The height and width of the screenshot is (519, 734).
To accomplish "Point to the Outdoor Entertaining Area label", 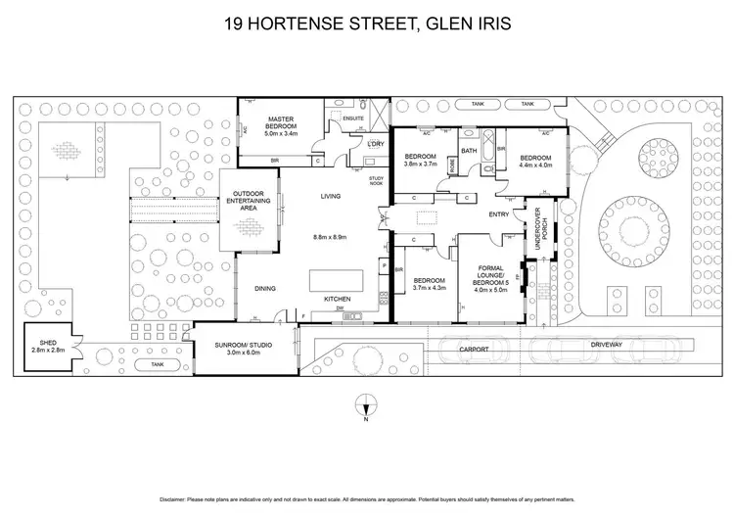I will coord(249,200).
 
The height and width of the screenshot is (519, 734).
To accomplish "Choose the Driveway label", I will coord(606,346).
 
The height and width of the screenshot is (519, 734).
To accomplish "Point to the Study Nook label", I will coord(377,181).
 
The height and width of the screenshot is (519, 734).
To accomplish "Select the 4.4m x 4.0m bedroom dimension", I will coord(535,165).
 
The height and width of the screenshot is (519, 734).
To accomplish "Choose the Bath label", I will coord(469,151).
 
